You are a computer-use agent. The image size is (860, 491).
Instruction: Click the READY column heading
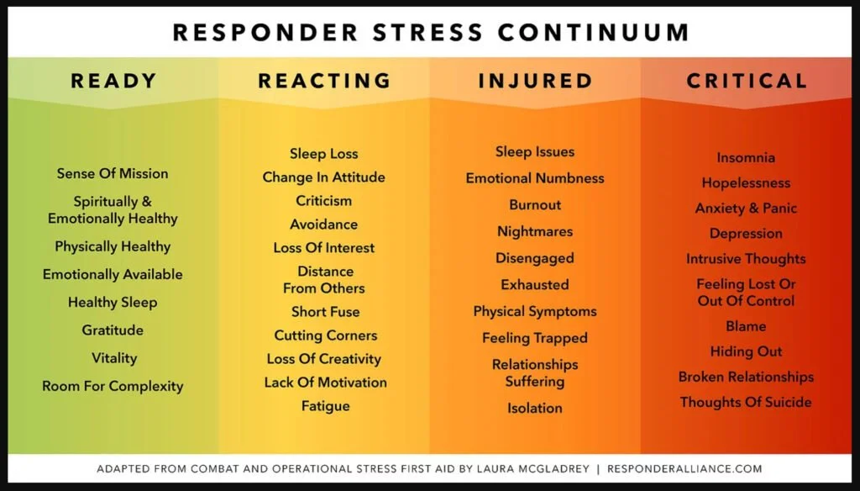pyautogui.click(x=113, y=82)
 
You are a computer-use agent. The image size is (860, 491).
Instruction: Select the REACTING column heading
pyautogui.click(x=324, y=82)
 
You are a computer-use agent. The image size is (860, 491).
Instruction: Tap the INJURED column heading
pyautogui.click(x=535, y=82)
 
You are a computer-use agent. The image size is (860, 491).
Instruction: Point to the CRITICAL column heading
pyautogui.click(x=747, y=82)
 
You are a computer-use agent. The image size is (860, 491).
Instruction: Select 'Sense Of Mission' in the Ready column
pyautogui.click(x=113, y=174)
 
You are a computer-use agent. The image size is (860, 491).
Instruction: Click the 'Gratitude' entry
pyautogui.click(x=113, y=330)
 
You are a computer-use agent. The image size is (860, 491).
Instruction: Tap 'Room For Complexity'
pyautogui.click(x=113, y=387)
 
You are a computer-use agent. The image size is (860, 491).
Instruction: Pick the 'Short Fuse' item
pyautogui.click(x=325, y=312)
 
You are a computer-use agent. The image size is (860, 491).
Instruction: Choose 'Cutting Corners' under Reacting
pyautogui.click(x=325, y=335)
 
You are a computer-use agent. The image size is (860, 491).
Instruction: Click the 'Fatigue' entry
pyautogui.click(x=325, y=406)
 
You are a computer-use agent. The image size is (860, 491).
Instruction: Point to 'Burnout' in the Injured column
pyautogui.click(x=535, y=205)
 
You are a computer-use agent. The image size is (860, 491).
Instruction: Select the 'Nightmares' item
pyautogui.click(x=535, y=232)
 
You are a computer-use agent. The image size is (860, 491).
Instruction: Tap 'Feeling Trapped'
pyautogui.click(x=535, y=338)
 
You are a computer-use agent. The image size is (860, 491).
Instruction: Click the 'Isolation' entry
pyautogui.click(x=535, y=409)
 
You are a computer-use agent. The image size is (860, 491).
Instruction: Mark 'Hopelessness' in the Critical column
pyautogui.click(x=746, y=183)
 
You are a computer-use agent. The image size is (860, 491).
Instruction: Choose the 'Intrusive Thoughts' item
pyautogui.click(x=746, y=259)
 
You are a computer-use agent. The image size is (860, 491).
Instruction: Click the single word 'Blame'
pyautogui.click(x=746, y=326)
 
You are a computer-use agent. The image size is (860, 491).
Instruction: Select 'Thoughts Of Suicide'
pyautogui.click(x=746, y=402)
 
